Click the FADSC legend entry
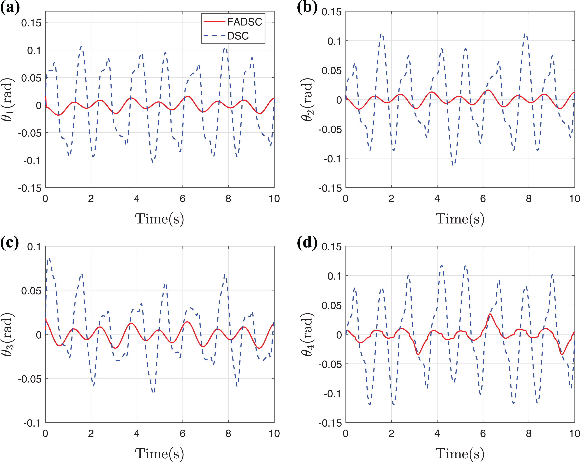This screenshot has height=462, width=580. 233,22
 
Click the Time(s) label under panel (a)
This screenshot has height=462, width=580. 160,219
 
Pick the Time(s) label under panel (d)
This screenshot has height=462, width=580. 460,454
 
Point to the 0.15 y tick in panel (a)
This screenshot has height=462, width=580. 31,23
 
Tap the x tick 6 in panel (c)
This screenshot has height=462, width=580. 183,433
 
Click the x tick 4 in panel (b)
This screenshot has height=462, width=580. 437,199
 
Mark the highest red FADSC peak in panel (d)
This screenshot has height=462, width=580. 490,314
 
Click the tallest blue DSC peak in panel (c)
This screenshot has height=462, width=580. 49,258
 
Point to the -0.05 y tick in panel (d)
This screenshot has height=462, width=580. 330,364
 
